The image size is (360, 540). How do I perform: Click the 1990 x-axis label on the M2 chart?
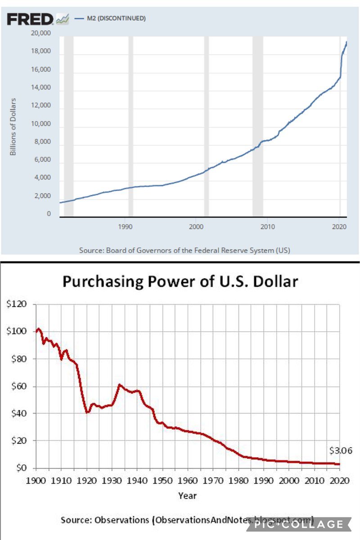125,226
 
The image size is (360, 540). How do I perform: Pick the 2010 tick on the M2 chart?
267,226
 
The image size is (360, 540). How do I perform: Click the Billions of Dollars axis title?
13,126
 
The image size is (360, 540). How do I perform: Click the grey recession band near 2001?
207,126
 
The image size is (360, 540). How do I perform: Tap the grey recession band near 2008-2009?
257,126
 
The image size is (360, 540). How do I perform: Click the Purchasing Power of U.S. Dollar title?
180,282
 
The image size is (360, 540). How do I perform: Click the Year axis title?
187,495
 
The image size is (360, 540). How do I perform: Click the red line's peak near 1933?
119,384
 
